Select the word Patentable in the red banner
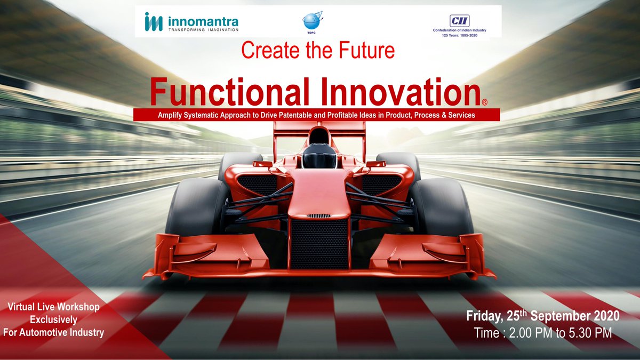(x=299, y=115)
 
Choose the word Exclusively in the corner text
(x=53, y=320)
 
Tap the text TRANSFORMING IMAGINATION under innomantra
(x=203, y=30)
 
